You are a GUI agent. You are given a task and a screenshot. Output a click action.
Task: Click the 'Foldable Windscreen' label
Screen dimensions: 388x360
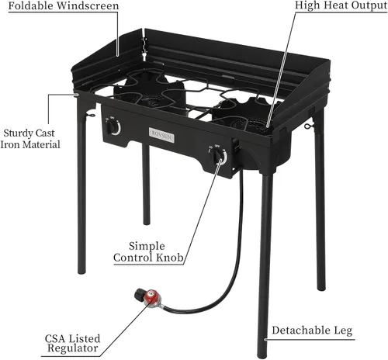[64, 6]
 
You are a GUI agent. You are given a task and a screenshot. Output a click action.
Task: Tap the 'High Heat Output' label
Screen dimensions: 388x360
[341, 5]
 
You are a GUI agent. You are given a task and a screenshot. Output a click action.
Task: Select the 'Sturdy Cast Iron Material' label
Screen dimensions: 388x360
[30, 139]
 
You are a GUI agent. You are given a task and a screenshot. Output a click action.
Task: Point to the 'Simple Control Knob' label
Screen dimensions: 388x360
[148, 251]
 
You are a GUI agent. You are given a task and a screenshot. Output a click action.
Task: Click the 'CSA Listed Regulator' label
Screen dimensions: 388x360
[72, 343]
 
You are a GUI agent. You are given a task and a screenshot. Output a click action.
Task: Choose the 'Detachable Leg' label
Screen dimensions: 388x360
[312, 331]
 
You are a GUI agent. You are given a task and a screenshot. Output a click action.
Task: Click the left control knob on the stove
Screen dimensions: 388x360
[113, 126]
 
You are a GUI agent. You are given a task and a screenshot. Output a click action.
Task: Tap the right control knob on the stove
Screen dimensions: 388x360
[220, 156]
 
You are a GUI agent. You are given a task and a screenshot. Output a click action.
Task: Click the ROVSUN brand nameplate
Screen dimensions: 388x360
[161, 135]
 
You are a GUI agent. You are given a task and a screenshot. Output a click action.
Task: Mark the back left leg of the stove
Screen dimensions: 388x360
[146, 184]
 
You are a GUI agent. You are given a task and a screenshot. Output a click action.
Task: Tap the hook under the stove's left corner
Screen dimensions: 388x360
[91, 114]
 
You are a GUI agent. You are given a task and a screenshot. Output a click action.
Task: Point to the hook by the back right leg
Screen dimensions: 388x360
[309, 126]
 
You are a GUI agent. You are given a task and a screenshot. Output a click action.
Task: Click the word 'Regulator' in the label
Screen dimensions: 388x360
[73, 348]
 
